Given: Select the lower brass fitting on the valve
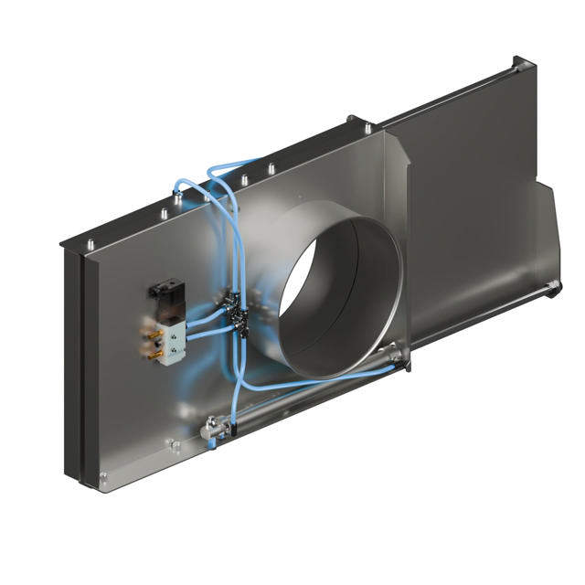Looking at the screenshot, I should tap(151, 347).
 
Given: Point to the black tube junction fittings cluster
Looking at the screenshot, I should tap(239, 315).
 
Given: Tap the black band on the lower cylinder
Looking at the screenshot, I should tap(240, 414).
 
